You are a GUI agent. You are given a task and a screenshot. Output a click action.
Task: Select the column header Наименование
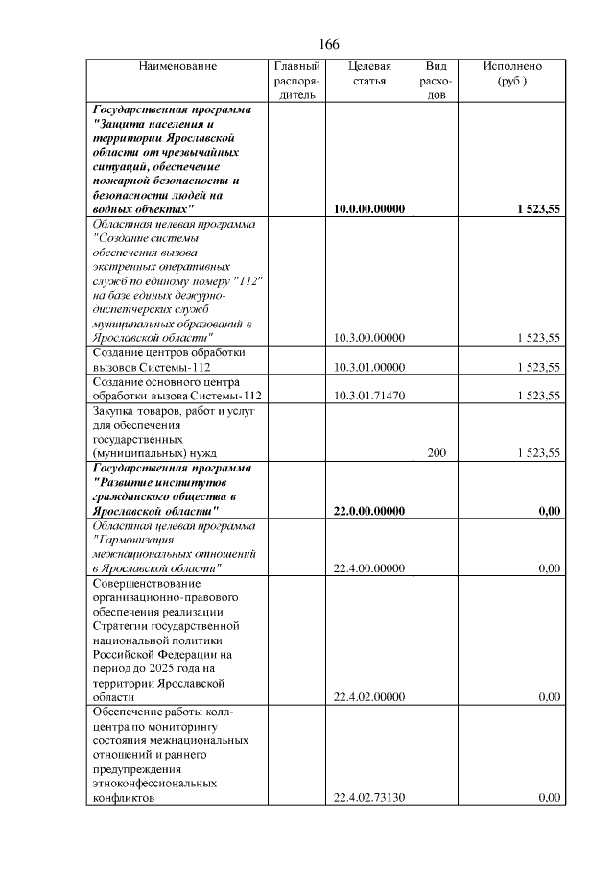177,67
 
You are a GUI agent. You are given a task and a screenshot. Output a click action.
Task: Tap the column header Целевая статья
369,74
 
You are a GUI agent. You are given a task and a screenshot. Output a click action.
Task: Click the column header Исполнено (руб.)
512,74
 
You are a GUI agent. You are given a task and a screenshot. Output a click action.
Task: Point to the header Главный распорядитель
296,81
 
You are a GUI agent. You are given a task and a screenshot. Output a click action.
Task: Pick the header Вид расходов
436,81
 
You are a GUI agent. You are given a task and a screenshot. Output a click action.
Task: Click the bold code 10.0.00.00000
369,209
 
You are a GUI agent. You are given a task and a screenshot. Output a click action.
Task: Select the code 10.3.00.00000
369,338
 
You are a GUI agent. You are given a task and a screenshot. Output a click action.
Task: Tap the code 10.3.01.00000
369,368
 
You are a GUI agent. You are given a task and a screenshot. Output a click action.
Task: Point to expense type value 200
436,453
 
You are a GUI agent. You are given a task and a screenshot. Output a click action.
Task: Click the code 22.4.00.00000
369,568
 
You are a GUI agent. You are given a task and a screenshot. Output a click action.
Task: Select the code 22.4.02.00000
369,697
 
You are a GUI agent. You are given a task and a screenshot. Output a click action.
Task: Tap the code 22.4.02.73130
369,797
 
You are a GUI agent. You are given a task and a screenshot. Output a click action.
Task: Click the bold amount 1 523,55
537,209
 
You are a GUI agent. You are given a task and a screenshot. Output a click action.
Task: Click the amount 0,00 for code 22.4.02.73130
550,797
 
